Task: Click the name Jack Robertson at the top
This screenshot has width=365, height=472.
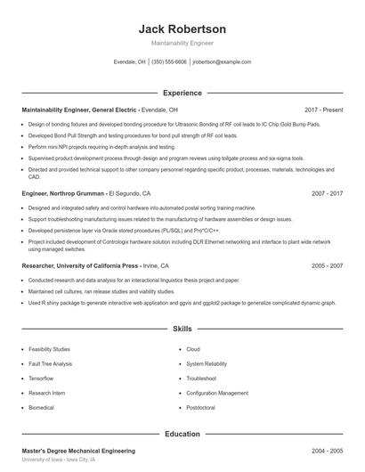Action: pyautogui.click(x=182, y=28)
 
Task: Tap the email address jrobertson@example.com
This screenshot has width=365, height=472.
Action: pyautogui.click(x=222, y=62)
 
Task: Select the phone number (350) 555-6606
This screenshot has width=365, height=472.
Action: pyautogui.click(x=169, y=62)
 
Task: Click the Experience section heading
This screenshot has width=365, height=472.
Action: pyautogui.click(x=182, y=93)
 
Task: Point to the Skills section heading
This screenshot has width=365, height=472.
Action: pyautogui.click(x=182, y=329)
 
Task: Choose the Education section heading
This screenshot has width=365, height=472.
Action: pyautogui.click(x=182, y=434)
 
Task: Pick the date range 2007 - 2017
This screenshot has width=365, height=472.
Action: pyautogui.click(x=327, y=192)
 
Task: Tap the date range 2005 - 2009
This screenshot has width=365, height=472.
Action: pyautogui.click(x=327, y=265)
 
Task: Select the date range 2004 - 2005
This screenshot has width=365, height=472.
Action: pyautogui.click(x=327, y=452)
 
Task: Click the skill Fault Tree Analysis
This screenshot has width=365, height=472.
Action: pyautogui.click(x=50, y=363)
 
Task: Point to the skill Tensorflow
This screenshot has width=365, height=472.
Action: pyautogui.click(x=43, y=378)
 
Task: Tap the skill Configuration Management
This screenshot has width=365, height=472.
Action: pyautogui.click(x=217, y=392)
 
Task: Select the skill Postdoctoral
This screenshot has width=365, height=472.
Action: pyautogui.click(x=202, y=407)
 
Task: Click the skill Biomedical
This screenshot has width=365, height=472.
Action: pyautogui.click(x=42, y=407)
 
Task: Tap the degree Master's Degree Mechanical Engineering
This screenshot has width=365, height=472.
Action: pyautogui.click(x=78, y=452)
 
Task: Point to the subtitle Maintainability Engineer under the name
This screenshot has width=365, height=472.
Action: pyautogui.click(x=182, y=43)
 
